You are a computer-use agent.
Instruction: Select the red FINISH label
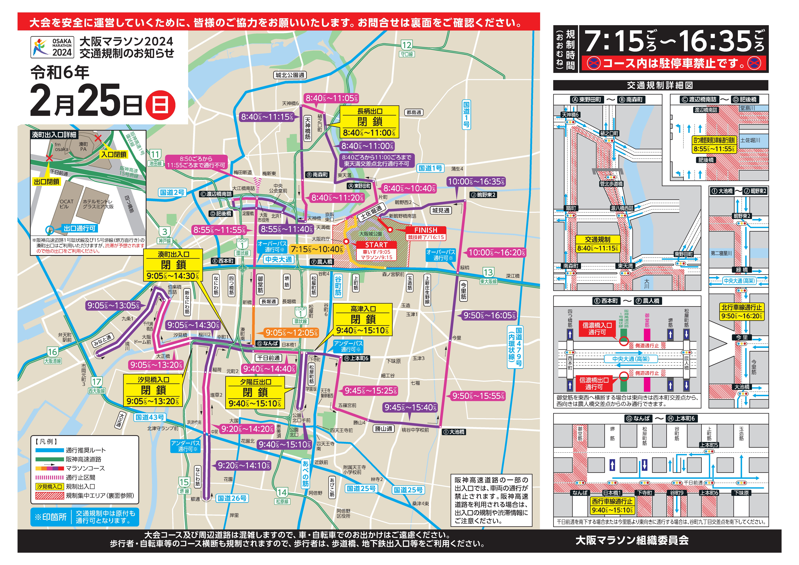point(426,230)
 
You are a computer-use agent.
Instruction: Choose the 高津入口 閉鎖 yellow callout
point(363,319)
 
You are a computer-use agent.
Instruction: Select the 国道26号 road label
point(232,498)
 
